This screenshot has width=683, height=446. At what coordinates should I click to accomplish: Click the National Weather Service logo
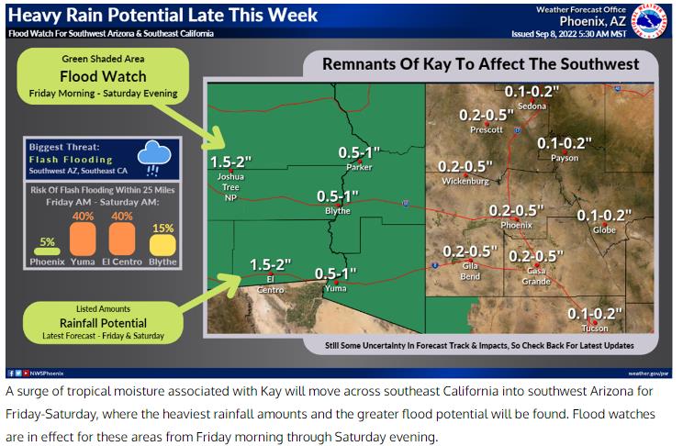[x=649, y=21]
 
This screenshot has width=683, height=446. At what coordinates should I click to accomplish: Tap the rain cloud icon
[x=154, y=158]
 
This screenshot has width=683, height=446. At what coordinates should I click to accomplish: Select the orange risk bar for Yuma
[x=83, y=239]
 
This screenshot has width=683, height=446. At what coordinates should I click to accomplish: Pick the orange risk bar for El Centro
[x=122, y=239]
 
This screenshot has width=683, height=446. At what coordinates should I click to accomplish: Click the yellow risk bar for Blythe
[x=162, y=245]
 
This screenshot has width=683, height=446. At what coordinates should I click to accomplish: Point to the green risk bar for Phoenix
[x=47, y=251]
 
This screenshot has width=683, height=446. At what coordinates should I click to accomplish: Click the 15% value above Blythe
[x=162, y=229]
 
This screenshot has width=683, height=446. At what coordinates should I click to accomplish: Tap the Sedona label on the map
[x=532, y=106]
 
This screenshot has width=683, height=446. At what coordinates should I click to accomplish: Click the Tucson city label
[x=595, y=329]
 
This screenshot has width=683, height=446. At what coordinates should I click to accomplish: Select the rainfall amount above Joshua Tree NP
[x=230, y=162]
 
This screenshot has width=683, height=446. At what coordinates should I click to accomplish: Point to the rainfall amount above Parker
[x=359, y=153]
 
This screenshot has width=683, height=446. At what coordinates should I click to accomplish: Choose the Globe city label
[x=604, y=230]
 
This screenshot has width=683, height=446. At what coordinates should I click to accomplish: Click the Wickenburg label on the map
[x=465, y=181]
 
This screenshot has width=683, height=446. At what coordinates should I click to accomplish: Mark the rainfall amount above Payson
[x=565, y=143]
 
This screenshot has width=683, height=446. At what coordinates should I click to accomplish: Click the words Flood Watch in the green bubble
[x=103, y=76]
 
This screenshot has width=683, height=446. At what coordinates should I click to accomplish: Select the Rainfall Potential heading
[x=103, y=323]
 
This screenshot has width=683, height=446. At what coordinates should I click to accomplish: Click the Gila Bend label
[x=470, y=271]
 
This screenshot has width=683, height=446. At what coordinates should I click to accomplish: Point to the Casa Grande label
[x=536, y=276]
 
